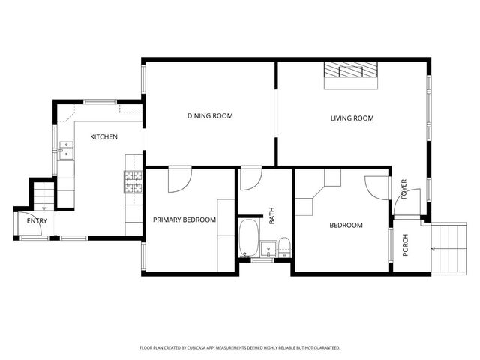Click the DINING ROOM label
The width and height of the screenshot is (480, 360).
coord(210,116)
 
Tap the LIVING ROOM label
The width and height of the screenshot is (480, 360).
coord(352,118)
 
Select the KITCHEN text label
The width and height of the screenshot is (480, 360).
coord(103,137)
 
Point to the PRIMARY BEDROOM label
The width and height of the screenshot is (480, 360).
coord(184,220)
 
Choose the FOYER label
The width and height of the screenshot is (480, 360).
coord(403,189)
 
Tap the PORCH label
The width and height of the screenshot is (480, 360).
coord(406,245)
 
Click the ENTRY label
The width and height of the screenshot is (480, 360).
coord(37,221)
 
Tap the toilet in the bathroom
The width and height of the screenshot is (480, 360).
coord(284,244)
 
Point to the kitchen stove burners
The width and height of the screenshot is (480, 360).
coord(133,180)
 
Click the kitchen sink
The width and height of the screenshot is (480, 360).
coord(67,153)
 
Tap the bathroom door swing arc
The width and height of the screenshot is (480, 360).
coord(250,180)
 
